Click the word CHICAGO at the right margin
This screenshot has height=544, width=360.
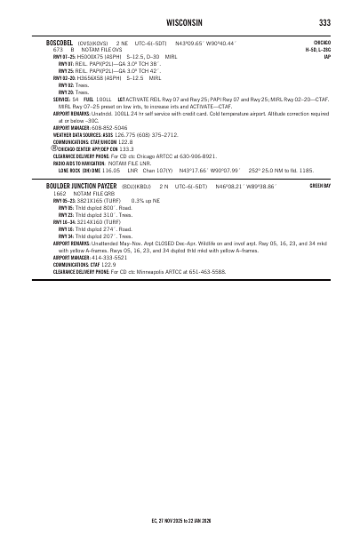pyautogui.click(x=322, y=42)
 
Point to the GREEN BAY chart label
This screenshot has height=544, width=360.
pyautogui.click(x=319, y=187)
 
